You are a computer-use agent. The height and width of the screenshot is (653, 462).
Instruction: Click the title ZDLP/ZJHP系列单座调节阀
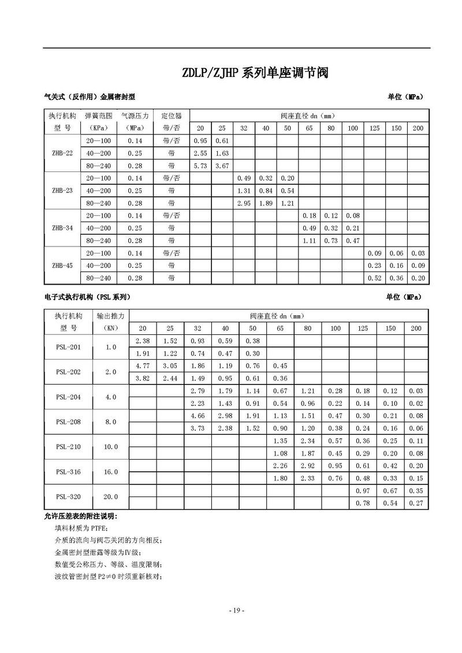[x=255, y=73]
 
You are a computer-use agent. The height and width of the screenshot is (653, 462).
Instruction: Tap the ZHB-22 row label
[x=62, y=153]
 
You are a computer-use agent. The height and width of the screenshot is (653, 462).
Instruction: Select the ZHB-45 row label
[x=62, y=266]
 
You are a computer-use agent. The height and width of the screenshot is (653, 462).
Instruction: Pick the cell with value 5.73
[x=200, y=166]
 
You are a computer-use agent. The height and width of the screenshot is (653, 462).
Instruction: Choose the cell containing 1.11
[x=309, y=241]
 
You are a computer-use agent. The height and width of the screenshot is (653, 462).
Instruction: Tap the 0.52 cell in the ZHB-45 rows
[x=374, y=278]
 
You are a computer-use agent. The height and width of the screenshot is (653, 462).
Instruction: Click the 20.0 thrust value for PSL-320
[x=111, y=497]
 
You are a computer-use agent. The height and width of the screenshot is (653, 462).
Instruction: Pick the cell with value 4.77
[x=142, y=365]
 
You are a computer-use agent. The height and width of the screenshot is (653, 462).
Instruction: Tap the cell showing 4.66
[x=198, y=415]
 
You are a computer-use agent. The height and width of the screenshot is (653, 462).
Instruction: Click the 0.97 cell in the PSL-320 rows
[x=363, y=490]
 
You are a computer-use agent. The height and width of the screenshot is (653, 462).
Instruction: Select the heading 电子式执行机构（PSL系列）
[x=87, y=297]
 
